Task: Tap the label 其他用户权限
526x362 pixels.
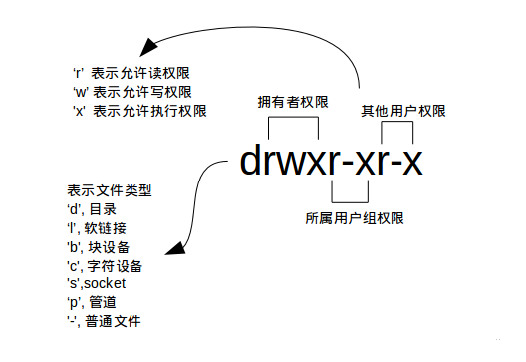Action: click(403, 110)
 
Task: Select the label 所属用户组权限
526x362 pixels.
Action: click(355, 217)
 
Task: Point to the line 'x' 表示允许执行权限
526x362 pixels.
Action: click(138, 111)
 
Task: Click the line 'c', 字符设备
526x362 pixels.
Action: click(106, 266)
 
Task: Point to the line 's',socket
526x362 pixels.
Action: click(97, 284)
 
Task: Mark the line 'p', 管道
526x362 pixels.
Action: click(93, 303)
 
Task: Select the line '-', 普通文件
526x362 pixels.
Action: click(105, 321)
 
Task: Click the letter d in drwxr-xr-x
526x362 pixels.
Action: click(252, 162)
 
